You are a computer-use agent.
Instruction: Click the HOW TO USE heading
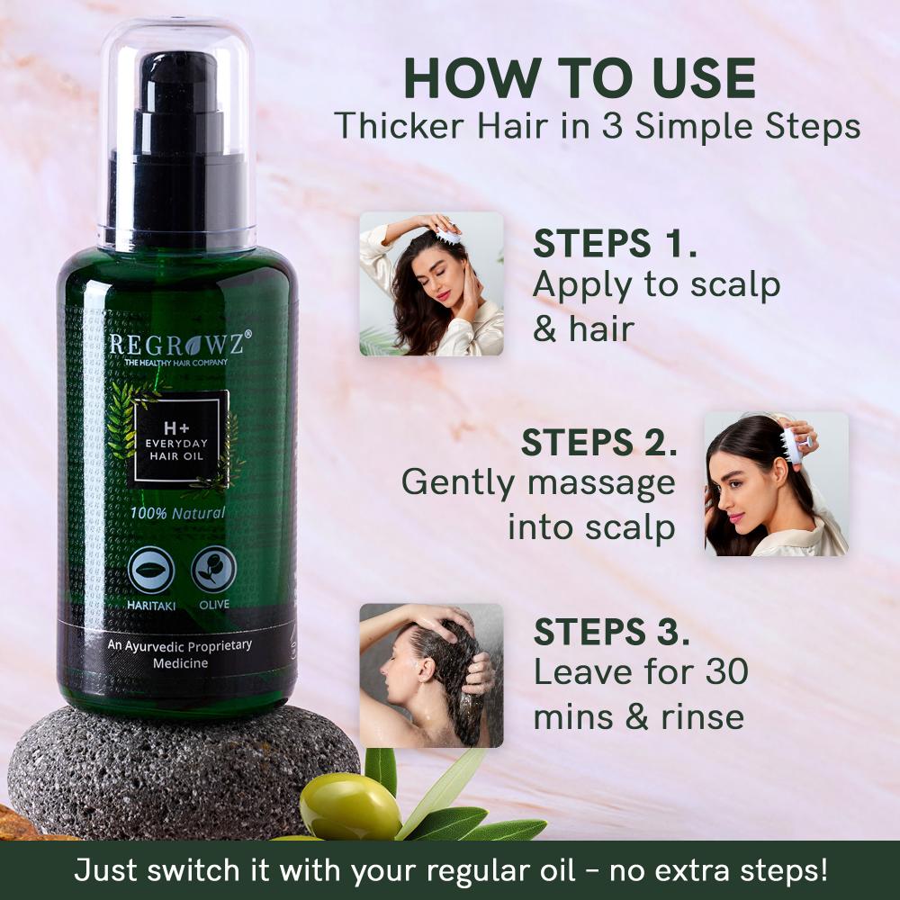580,78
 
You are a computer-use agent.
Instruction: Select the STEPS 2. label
598,443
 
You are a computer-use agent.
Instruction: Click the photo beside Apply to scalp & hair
431,283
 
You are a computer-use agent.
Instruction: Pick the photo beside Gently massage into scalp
776,484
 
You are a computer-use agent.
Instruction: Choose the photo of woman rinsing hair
431,675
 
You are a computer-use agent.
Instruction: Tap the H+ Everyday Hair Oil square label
181,438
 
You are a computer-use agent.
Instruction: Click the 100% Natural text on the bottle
177,515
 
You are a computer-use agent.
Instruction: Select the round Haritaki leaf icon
150,569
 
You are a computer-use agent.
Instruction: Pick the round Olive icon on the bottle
214,569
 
